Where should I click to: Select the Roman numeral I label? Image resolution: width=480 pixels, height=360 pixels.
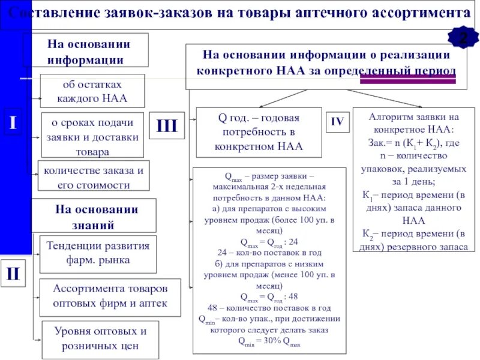click(13, 123)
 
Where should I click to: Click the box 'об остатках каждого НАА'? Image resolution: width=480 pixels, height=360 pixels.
click(92, 91)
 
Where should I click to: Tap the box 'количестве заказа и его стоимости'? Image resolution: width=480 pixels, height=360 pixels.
click(93, 178)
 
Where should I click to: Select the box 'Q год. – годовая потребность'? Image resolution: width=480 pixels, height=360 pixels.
click(259, 132)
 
